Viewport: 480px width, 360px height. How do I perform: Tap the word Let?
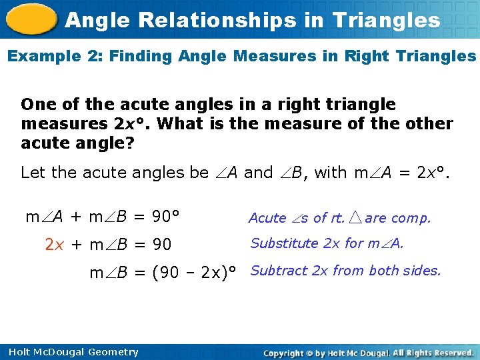pyautogui.click(x=33, y=173)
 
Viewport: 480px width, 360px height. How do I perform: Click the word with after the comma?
pyautogui.click(x=330, y=173)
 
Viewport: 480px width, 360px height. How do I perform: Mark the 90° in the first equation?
pyautogui.click(x=167, y=217)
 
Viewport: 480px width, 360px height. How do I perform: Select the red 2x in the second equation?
pyautogui.click(x=54, y=245)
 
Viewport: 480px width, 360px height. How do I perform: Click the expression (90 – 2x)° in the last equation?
pyautogui.click(x=198, y=272)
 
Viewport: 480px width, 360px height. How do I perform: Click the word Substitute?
pyautogui.click(x=284, y=243)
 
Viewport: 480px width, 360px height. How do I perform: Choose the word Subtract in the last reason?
pyautogui.click(x=279, y=271)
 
